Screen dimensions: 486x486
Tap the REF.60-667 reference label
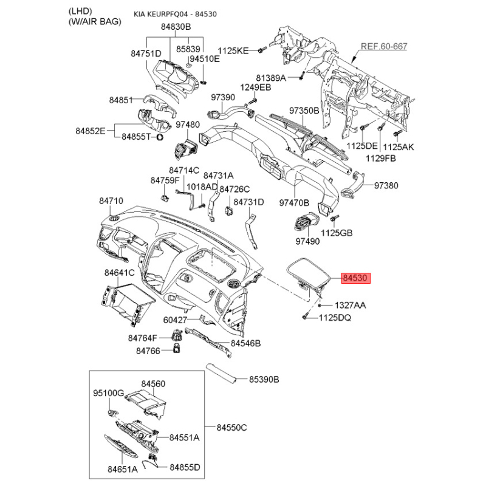click(x=384, y=46)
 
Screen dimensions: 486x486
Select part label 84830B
click(x=176, y=27)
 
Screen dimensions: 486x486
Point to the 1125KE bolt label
click(x=234, y=50)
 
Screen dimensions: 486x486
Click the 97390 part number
click(x=222, y=97)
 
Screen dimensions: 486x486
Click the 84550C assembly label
click(x=232, y=427)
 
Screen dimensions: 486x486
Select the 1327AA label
click(x=349, y=304)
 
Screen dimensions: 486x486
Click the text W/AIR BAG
click(x=95, y=22)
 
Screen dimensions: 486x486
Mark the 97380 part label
click(x=386, y=185)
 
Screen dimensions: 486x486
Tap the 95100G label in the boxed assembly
click(x=108, y=393)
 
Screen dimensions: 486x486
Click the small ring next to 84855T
click(x=160, y=137)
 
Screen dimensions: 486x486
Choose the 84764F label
click(x=143, y=338)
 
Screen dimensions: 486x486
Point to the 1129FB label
click(x=381, y=157)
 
